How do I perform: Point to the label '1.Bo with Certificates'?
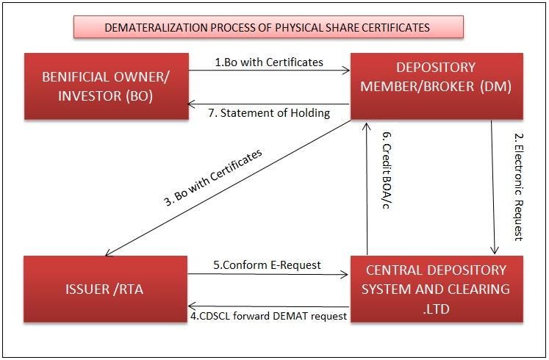point(269,62)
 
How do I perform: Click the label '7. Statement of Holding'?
point(269,112)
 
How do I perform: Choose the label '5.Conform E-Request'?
point(268,265)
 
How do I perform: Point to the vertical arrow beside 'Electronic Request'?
point(494,188)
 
